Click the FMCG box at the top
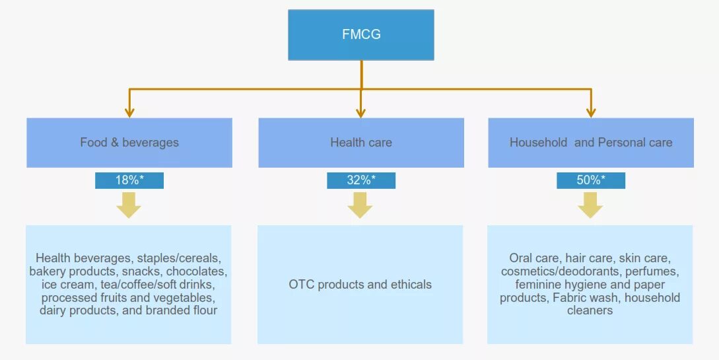[360, 34]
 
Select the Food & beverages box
[129, 142]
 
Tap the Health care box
[360, 142]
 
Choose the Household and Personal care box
[591, 142]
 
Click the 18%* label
[129, 180]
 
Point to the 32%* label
[360, 180]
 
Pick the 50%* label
[591, 180]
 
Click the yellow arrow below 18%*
[129, 205]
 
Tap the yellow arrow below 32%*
[360, 205]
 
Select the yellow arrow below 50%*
[590, 205]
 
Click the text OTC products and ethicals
[360, 285]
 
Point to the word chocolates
[197, 271]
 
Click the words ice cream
[64, 285]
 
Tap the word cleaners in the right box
[590, 310]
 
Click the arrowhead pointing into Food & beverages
[129, 112]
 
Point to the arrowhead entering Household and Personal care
[591, 112]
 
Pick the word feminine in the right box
[539, 285]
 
